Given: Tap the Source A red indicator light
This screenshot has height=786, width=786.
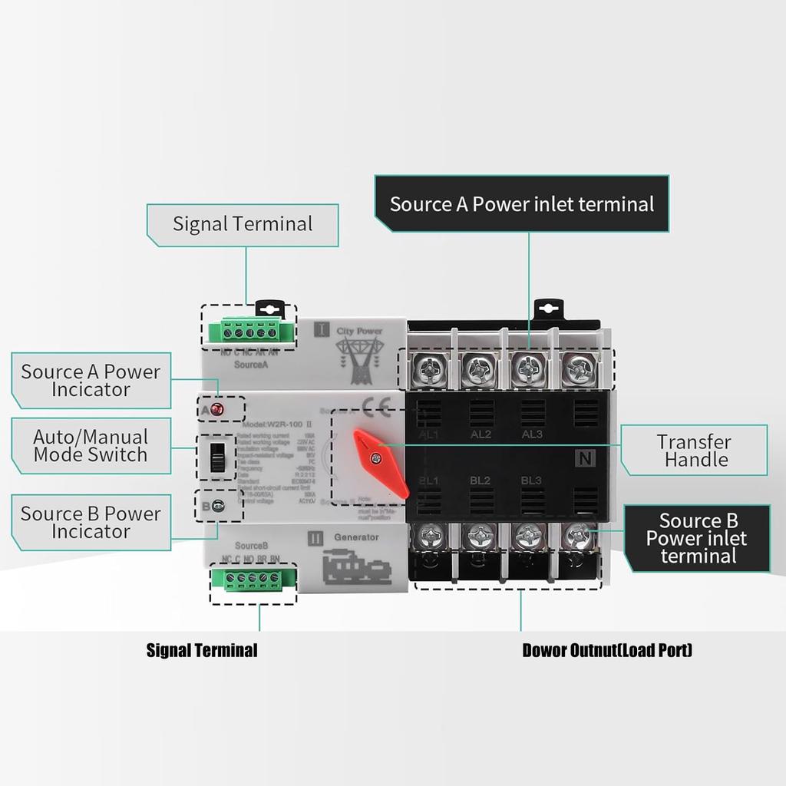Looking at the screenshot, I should coord(217,409).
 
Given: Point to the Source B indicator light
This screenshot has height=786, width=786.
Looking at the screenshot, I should coord(218,505).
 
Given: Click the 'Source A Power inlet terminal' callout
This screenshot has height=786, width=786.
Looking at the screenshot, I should coord(522,204).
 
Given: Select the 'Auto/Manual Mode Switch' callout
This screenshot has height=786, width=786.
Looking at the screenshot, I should coord(91,446).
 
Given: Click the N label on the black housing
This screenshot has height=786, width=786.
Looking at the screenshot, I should coord(586,459).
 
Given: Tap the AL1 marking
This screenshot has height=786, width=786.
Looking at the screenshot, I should coord(428,434).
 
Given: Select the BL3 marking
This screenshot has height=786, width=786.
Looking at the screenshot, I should coord(531,481).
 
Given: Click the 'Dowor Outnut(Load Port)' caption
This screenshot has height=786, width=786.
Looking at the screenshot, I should coord(607,651).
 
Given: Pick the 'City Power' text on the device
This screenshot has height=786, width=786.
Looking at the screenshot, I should coord(359,331).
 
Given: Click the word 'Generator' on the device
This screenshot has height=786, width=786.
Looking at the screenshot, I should coord(356,537).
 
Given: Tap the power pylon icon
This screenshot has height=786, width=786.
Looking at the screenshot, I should coord(358,359).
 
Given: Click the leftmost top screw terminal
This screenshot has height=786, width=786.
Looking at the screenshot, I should coord(430,372).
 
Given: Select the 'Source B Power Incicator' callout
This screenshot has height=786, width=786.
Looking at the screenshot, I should coord(91,522).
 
